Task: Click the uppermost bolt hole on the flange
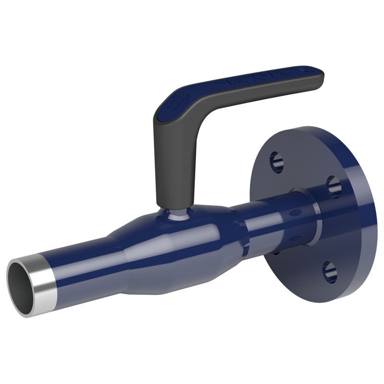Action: coord(276,161)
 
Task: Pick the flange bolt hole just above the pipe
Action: coord(334,184)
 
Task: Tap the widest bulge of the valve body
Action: coord(192,250)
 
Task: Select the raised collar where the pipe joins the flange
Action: coord(307,216)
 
